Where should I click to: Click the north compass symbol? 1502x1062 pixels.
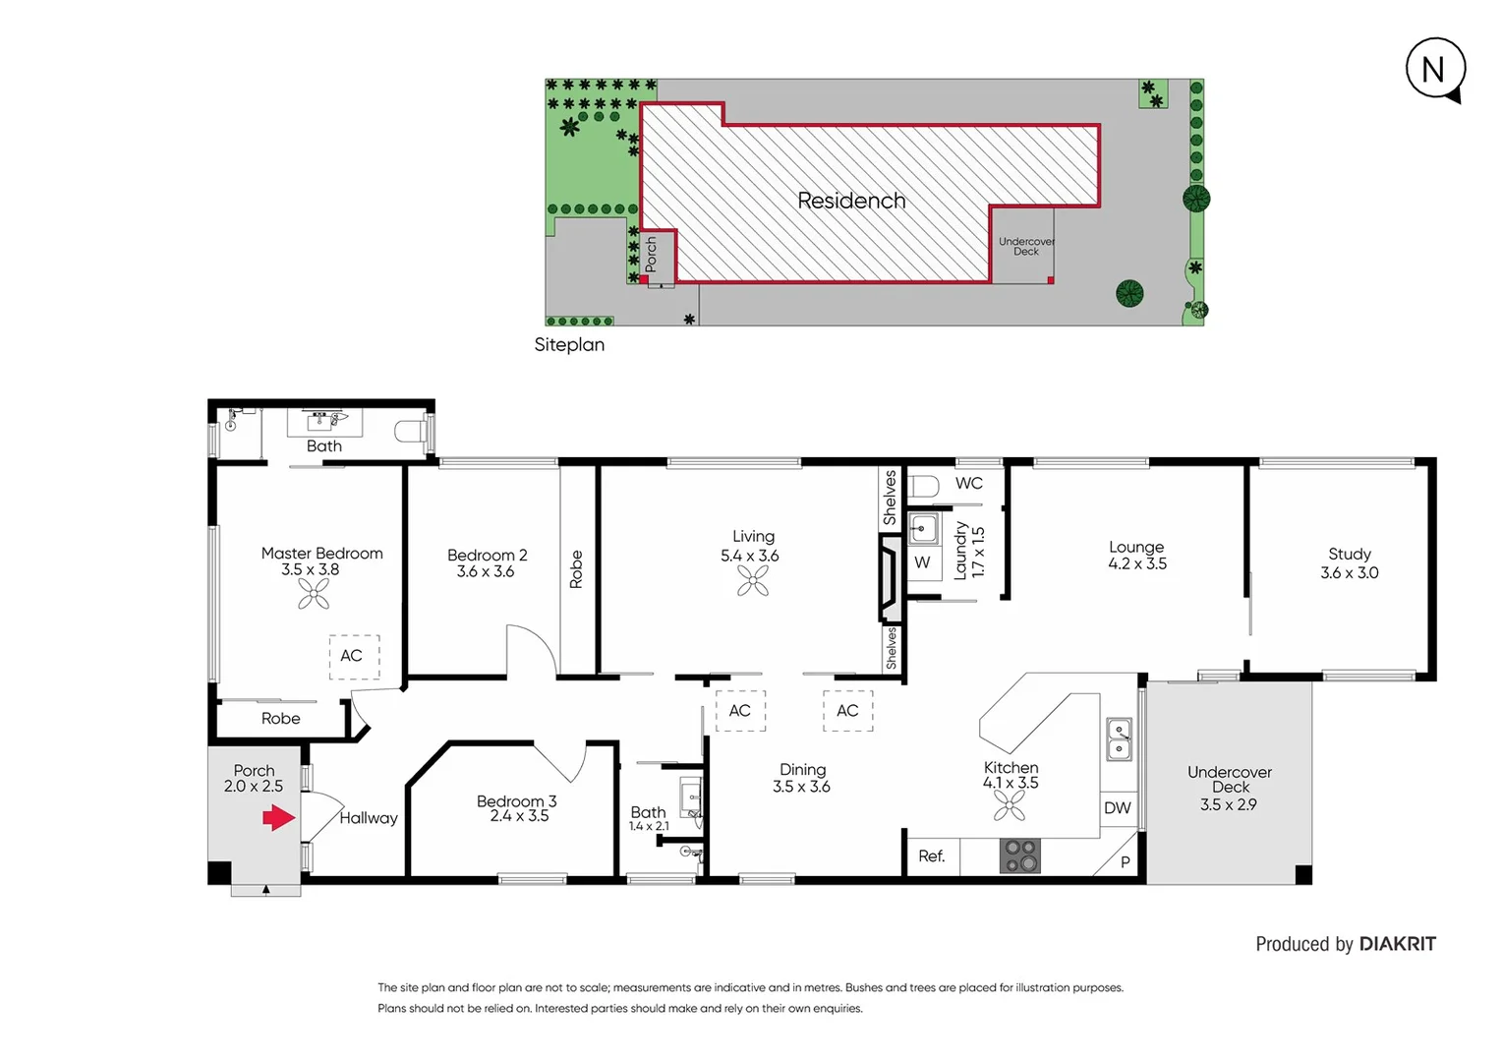point(1434,70)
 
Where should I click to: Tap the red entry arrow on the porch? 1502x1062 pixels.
point(278,818)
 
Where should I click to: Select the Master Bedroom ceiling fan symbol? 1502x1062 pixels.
point(314,594)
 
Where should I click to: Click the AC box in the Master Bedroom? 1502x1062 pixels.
point(353,656)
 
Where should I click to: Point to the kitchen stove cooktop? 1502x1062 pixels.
point(1020,855)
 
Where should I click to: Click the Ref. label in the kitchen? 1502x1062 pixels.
point(931,856)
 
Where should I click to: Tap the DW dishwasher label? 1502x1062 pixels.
point(1117,808)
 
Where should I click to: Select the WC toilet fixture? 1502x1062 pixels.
point(924,486)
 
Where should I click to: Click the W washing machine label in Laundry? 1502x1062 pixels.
point(922,562)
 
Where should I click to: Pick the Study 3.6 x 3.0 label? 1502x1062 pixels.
point(1349,563)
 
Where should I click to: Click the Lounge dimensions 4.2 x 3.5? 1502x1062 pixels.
point(1137,564)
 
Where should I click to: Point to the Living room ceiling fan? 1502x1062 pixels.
point(753,582)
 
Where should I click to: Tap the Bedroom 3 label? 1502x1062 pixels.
point(516,801)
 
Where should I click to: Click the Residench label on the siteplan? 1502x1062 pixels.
point(851,201)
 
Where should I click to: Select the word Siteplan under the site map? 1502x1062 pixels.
point(569,345)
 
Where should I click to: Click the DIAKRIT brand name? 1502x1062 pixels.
point(1397,944)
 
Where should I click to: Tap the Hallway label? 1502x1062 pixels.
point(369,818)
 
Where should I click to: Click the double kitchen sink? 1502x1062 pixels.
point(1119,739)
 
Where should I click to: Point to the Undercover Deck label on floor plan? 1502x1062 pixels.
point(1229,780)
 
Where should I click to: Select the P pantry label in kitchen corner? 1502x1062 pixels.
point(1125,862)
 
